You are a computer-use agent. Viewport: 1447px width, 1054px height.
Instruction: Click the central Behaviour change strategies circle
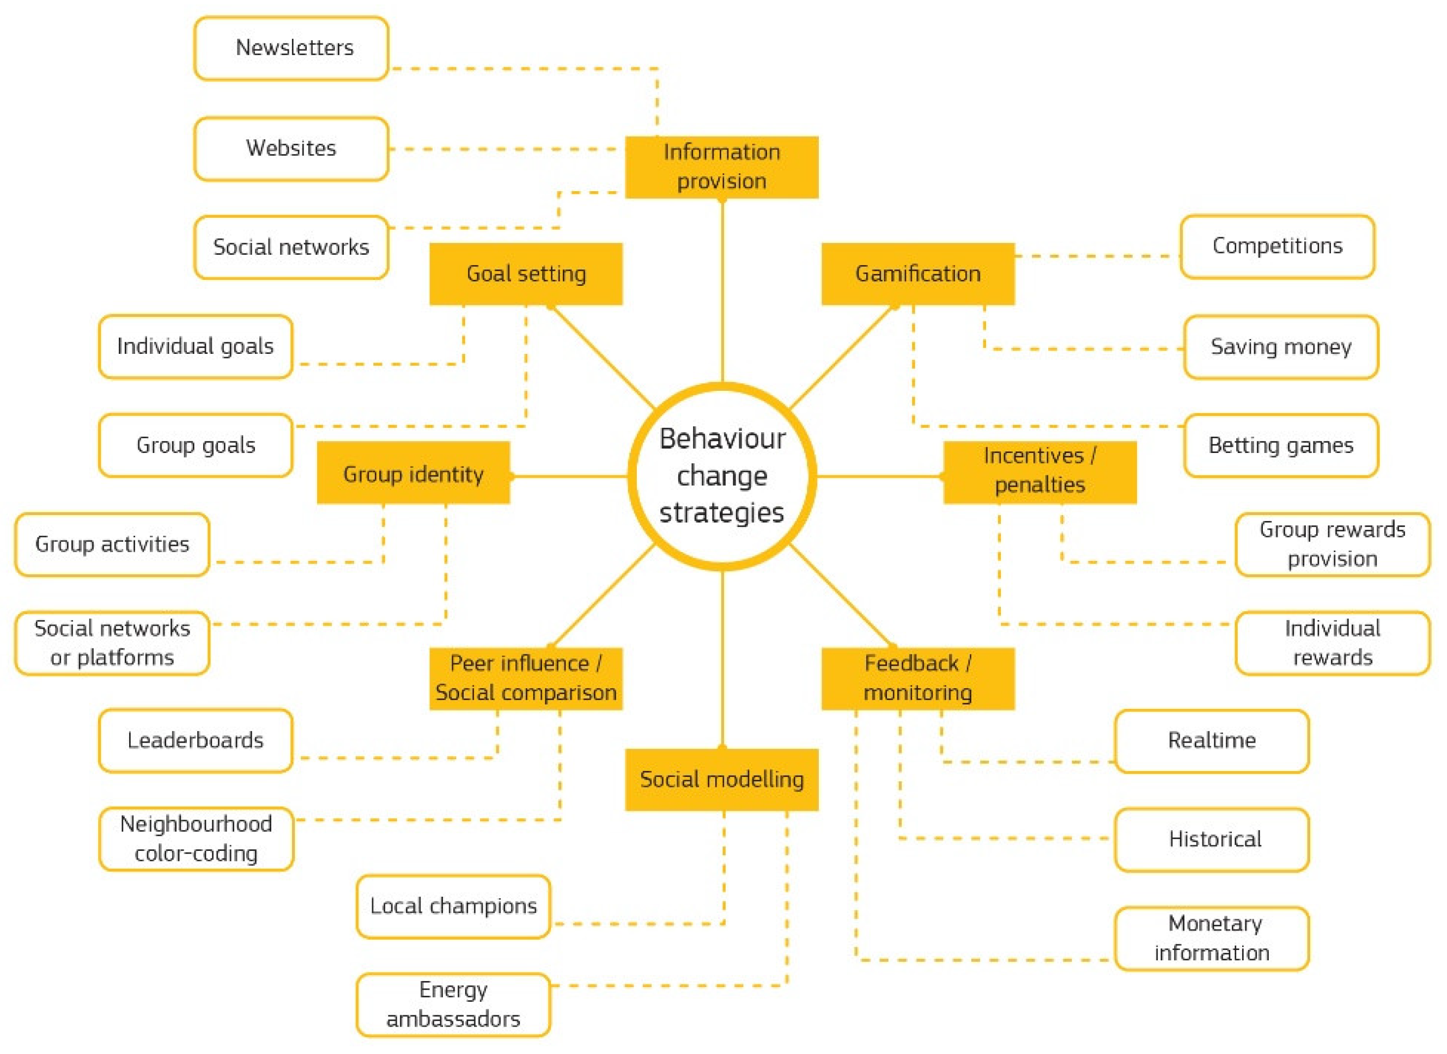722,476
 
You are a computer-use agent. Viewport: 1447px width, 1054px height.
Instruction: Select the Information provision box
721,167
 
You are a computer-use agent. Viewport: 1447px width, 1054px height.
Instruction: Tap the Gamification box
917,274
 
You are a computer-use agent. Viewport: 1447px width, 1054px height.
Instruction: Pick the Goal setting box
525,274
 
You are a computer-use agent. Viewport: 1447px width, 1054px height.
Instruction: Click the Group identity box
413,474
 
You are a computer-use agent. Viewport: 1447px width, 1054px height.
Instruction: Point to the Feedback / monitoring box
917,678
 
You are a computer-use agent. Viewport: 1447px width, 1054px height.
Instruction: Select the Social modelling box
721,779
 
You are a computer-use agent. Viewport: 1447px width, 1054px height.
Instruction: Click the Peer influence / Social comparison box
525,678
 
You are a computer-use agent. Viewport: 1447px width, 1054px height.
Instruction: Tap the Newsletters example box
291,48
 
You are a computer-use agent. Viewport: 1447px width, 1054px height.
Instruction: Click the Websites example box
291,148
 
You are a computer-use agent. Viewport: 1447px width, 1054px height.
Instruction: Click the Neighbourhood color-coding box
196,838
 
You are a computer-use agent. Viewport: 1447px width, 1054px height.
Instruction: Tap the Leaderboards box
196,740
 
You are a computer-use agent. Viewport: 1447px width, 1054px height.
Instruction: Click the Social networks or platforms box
112,642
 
